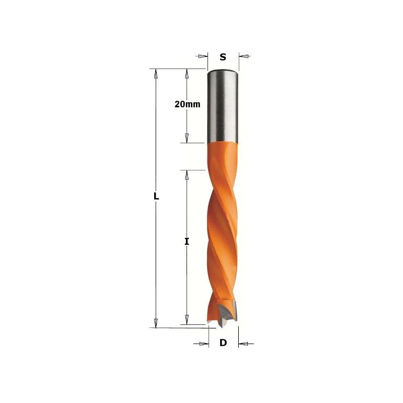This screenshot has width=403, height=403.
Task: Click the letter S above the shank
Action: pyautogui.click(x=223, y=57)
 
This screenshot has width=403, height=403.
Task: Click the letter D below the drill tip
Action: pyautogui.click(x=223, y=343)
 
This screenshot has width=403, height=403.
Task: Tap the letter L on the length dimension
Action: pyautogui.click(x=156, y=197)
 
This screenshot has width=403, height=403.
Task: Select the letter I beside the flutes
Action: pyautogui.click(x=186, y=242)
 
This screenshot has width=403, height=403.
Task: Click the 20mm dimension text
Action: pyautogui.click(x=187, y=104)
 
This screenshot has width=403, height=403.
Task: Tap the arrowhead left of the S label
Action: pyautogui.click(x=203, y=56)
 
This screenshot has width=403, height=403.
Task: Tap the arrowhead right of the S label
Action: pyautogui.click(x=244, y=56)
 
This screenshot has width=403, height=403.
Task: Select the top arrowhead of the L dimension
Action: pyautogui.click(x=156, y=74)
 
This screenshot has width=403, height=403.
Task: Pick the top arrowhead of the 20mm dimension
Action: pyautogui.click(x=187, y=74)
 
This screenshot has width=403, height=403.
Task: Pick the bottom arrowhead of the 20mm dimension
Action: pyautogui.click(x=187, y=138)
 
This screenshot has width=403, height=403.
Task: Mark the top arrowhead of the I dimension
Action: pyautogui.click(x=187, y=175)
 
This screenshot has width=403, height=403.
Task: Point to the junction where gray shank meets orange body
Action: pyautogui.click(x=223, y=142)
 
